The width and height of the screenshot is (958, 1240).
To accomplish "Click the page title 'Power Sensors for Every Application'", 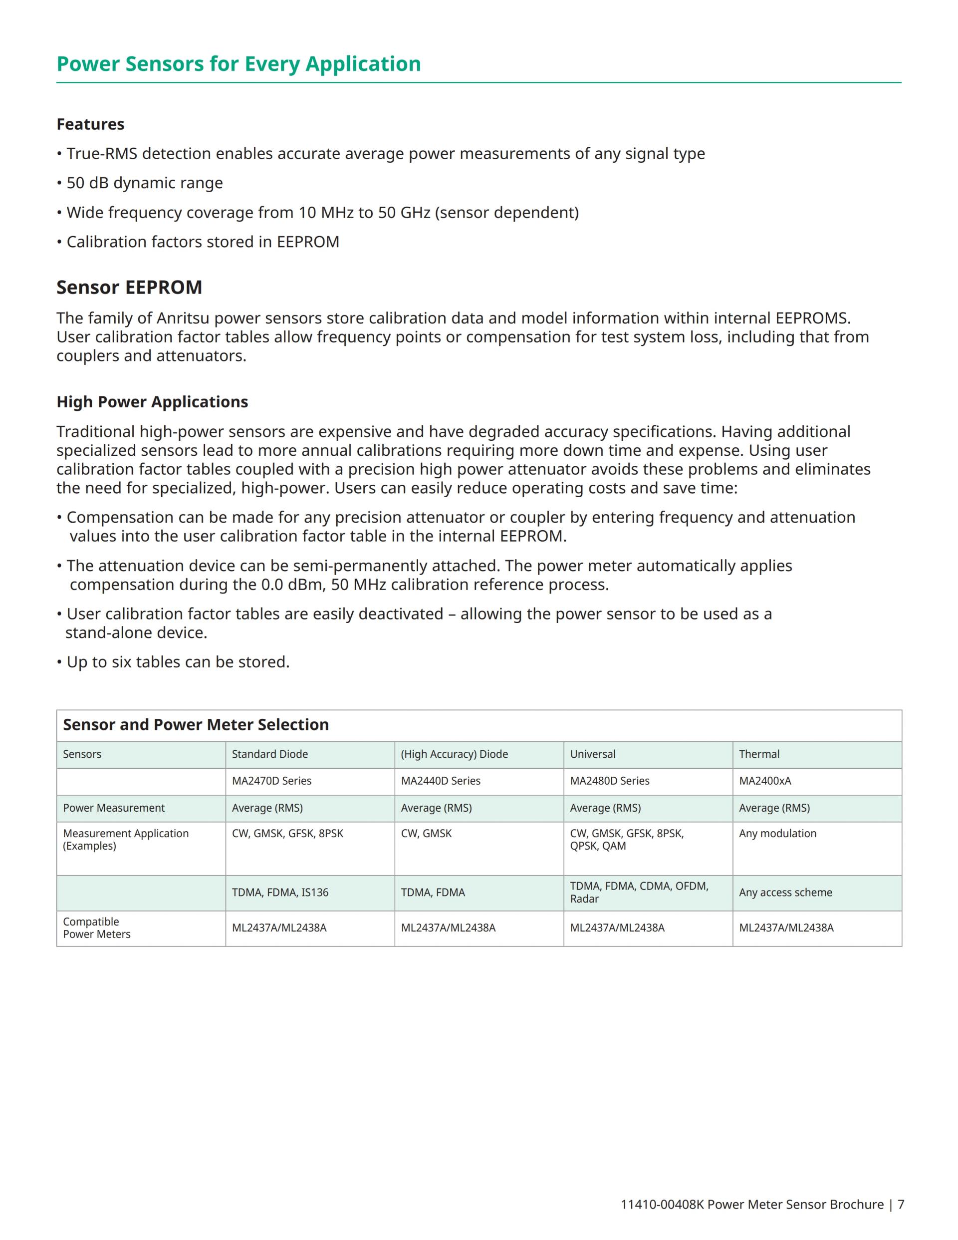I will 239,63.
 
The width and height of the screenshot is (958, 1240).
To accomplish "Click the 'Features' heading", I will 90,124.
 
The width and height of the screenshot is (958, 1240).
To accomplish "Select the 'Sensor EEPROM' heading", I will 129,288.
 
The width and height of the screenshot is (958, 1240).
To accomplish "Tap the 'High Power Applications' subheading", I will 152,402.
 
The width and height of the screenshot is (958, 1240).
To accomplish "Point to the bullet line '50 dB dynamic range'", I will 144,183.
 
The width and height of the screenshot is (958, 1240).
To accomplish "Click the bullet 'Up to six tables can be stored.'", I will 178,662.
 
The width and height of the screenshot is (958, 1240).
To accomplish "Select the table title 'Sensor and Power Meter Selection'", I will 196,724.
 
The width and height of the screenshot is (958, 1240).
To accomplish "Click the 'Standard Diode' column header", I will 269,754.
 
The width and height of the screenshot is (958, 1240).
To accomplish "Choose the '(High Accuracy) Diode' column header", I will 454,754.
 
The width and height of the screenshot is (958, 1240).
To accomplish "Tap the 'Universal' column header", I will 592,754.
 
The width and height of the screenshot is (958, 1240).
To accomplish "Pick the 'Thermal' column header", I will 759,754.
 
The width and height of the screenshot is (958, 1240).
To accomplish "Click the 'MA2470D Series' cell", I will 271,781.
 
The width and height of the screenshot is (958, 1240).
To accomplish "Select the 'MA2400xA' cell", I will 764,781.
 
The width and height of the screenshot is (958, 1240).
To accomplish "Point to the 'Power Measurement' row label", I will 113,808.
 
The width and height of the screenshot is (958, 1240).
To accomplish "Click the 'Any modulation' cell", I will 777,834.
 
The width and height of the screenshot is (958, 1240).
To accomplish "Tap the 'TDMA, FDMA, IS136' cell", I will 280,893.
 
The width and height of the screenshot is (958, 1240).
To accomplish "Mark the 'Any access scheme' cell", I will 785,893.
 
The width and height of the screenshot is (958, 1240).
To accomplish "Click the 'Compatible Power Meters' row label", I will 96,928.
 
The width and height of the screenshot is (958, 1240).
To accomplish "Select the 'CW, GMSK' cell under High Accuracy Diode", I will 426,834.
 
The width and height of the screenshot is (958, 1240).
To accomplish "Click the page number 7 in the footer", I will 901,1204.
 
